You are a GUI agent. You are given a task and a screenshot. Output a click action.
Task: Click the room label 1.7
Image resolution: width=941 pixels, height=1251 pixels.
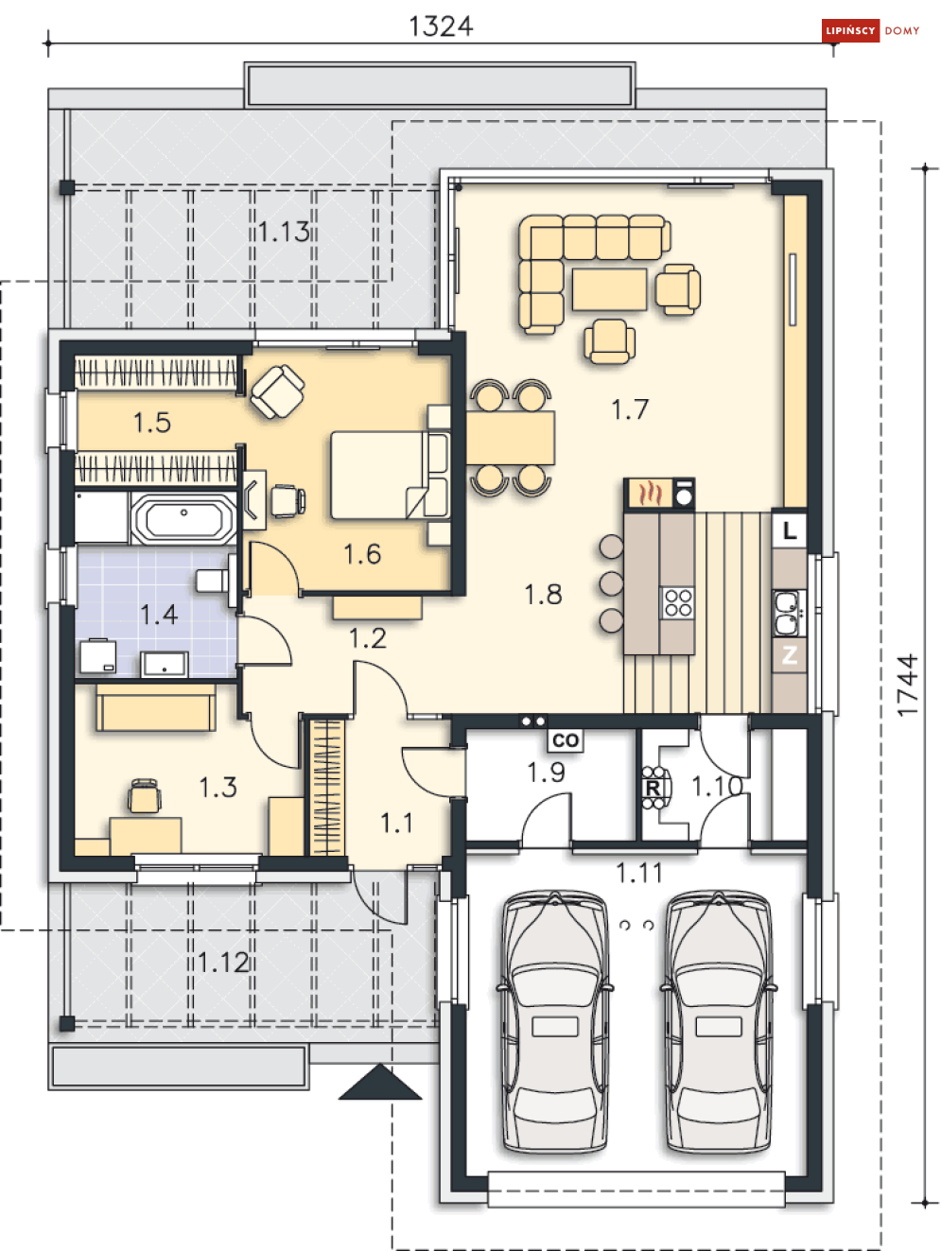coord(630,409)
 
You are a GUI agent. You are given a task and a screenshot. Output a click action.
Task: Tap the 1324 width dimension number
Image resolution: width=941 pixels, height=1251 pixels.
coord(441,26)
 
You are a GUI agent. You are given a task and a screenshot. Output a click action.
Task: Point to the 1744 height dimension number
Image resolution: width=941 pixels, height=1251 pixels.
coord(907,685)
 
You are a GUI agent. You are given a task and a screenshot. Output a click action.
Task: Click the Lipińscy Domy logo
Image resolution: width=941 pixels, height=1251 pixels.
coord(871,30)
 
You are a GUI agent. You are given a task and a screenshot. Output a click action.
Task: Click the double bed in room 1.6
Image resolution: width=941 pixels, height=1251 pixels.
coord(388,475)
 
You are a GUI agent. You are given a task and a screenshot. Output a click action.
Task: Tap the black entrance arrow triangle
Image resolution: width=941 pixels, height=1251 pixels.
coord(380,1083)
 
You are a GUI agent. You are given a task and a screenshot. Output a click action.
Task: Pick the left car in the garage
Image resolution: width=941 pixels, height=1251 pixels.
coord(554,1021)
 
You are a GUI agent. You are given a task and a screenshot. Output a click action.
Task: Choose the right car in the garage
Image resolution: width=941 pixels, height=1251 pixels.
coord(718,1021)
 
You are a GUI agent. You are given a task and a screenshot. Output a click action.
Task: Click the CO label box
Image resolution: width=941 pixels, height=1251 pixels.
coord(566,740)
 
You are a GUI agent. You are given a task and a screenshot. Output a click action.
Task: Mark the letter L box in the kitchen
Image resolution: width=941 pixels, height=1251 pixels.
coord(790,530)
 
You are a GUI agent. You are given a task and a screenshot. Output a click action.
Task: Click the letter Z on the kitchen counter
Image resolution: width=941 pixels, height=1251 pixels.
coord(790,654)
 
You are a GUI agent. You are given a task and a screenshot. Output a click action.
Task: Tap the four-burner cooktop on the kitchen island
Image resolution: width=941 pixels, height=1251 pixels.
coord(678,602)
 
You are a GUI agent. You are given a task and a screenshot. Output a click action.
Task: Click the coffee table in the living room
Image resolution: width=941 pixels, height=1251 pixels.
coord(609,289)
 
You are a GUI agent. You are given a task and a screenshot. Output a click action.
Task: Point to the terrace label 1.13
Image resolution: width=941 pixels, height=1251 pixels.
coord(283,231)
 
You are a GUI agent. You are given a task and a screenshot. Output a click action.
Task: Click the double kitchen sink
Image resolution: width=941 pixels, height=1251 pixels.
coord(788,612)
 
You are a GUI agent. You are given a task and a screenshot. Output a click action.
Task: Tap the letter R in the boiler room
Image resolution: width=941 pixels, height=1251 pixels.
coord(653,788)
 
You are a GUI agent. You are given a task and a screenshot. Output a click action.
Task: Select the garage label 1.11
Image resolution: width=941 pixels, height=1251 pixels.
coord(639,873)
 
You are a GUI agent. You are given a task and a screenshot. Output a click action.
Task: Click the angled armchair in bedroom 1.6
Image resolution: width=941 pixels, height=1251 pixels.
coord(277,391)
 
